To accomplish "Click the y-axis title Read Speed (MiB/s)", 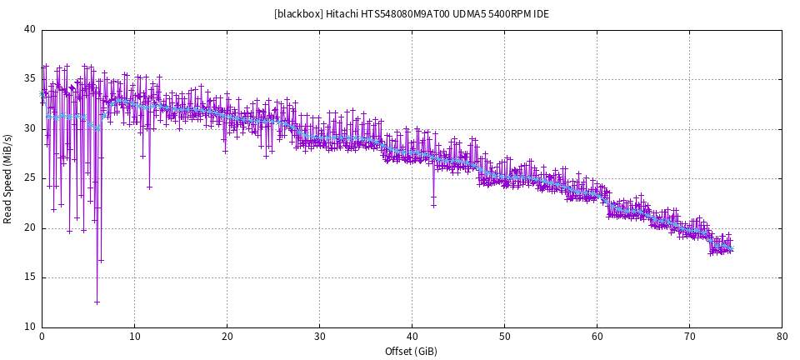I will pos(8,178).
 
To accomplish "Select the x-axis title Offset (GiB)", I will pos(412,352).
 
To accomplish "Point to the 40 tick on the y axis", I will pos(30,30).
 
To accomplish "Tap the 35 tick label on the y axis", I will pos(30,79).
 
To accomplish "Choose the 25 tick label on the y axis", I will pos(30,178).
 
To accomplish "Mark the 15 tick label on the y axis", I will pos(30,277).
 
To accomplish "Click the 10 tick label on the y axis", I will pos(30,327).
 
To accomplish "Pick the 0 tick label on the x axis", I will pos(42,337).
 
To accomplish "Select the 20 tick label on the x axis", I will pos(227,337).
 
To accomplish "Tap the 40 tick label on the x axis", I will pos(412,337).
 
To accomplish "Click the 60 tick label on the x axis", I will pos(597,337).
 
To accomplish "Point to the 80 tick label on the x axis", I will pos(782,337).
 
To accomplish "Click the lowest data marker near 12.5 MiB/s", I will pos(97,302).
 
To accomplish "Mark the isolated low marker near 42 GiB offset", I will pos(433,204).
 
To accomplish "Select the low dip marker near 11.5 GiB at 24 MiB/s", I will pos(149,187).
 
